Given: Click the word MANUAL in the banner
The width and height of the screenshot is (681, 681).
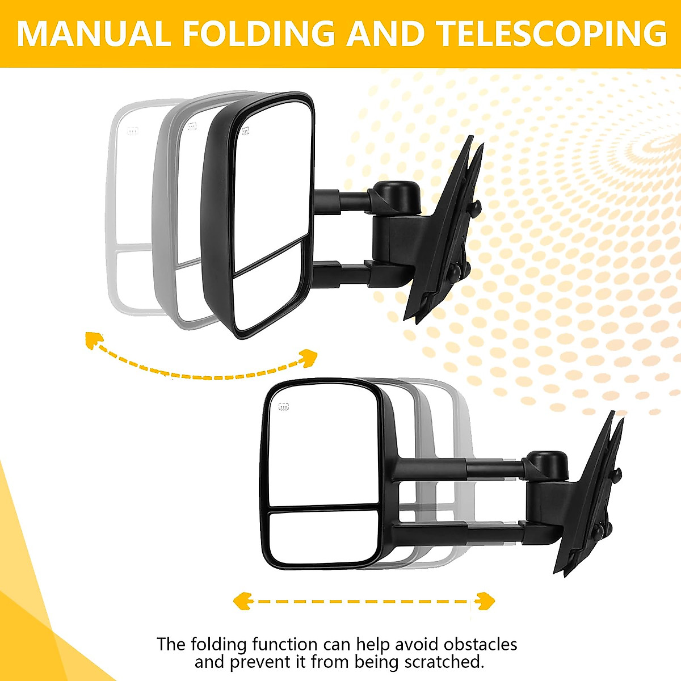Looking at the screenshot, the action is pyautogui.click(x=94, y=34).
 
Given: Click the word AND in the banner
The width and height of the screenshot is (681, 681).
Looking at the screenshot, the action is pyautogui.click(x=385, y=34).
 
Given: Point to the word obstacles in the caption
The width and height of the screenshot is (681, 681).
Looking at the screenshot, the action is pyautogui.click(x=480, y=645).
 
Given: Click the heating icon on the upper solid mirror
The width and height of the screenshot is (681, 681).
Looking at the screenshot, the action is pyautogui.click(x=246, y=133).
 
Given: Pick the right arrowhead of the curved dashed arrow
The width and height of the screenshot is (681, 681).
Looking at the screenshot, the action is pyautogui.click(x=309, y=358).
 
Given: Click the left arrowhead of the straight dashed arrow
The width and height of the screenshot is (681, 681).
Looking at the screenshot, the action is pyautogui.click(x=243, y=600).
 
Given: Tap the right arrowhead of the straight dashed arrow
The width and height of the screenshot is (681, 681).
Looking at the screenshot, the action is pyautogui.click(x=486, y=600).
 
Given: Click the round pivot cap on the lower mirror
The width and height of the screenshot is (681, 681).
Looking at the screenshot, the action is pyautogui.click(x=548, y=464).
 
